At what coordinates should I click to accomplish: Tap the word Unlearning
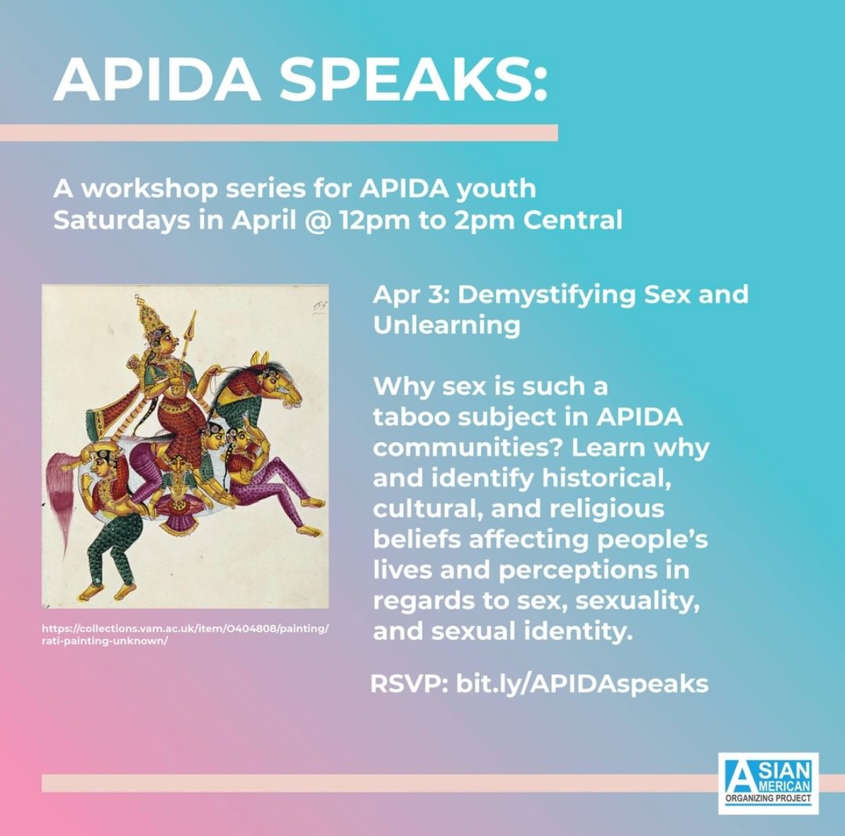coord(447,325)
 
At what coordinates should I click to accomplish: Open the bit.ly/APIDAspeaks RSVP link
coord(582,684)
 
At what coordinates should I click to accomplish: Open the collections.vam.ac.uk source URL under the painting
coord(185,635)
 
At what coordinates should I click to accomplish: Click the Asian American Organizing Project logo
coord(768,783)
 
